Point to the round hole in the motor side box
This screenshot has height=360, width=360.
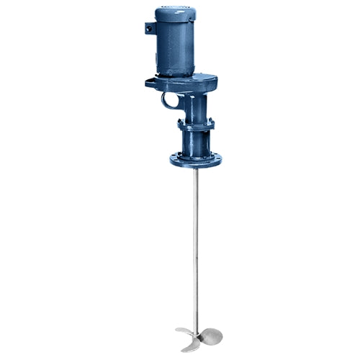pos(149,28)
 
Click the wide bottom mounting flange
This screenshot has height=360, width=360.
pos(194,158)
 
